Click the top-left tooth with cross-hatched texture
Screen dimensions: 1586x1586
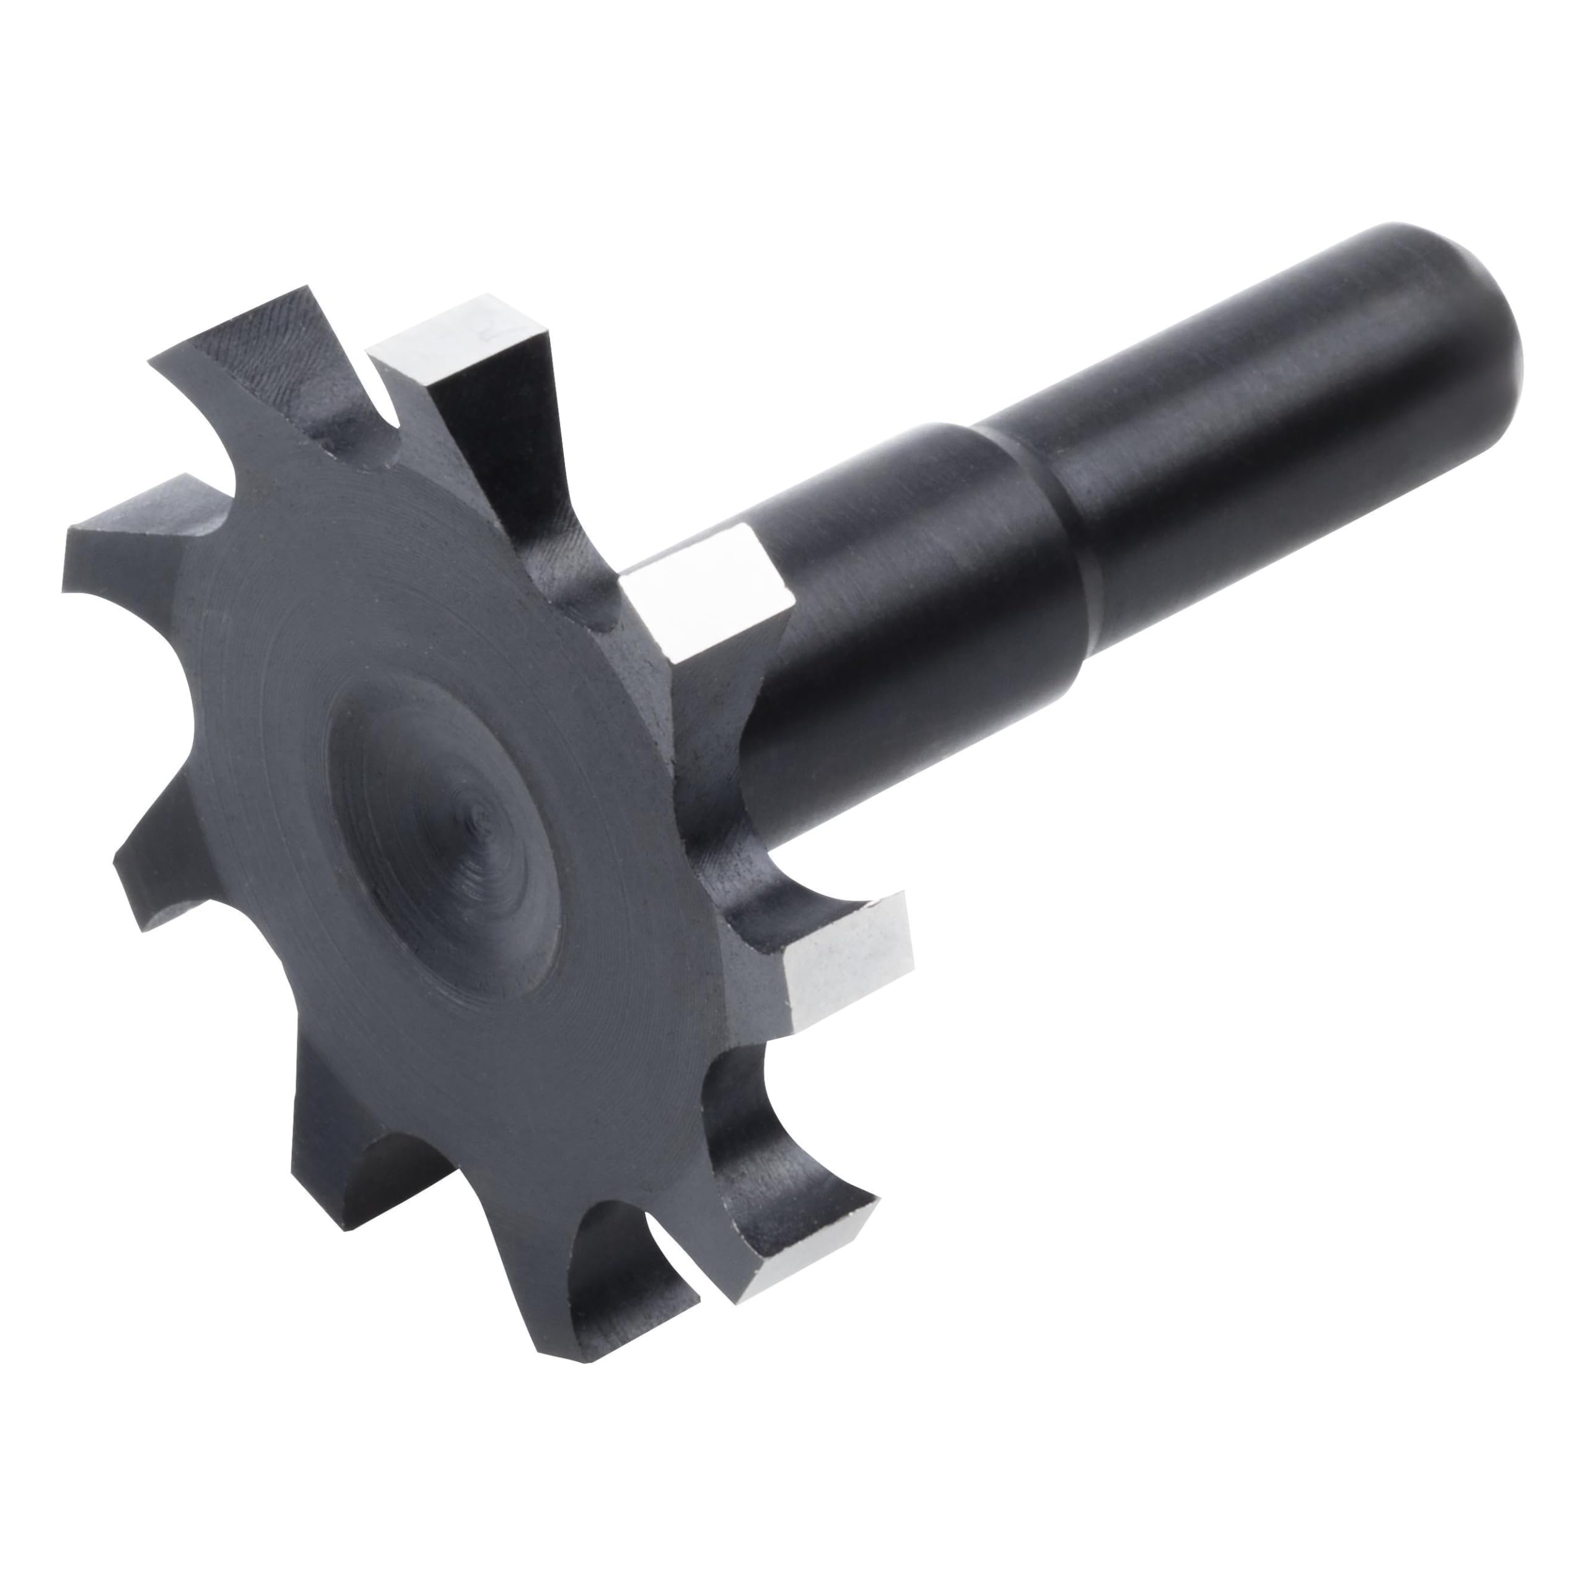coord(247,345)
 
